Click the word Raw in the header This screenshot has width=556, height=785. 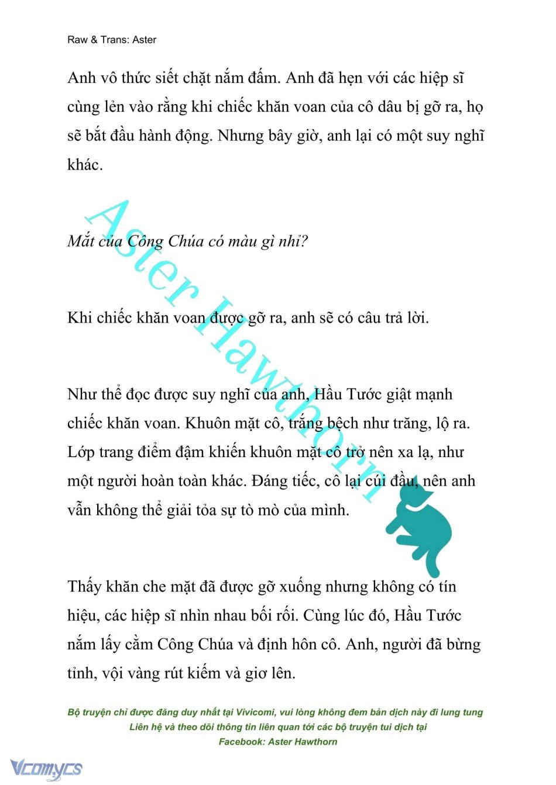click(77, 40)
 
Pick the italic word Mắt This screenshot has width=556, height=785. click(80, 241)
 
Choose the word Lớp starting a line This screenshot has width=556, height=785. click(81, 452)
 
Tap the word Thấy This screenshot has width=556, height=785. click(84, 586)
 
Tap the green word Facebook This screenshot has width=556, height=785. click(241, 742)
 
